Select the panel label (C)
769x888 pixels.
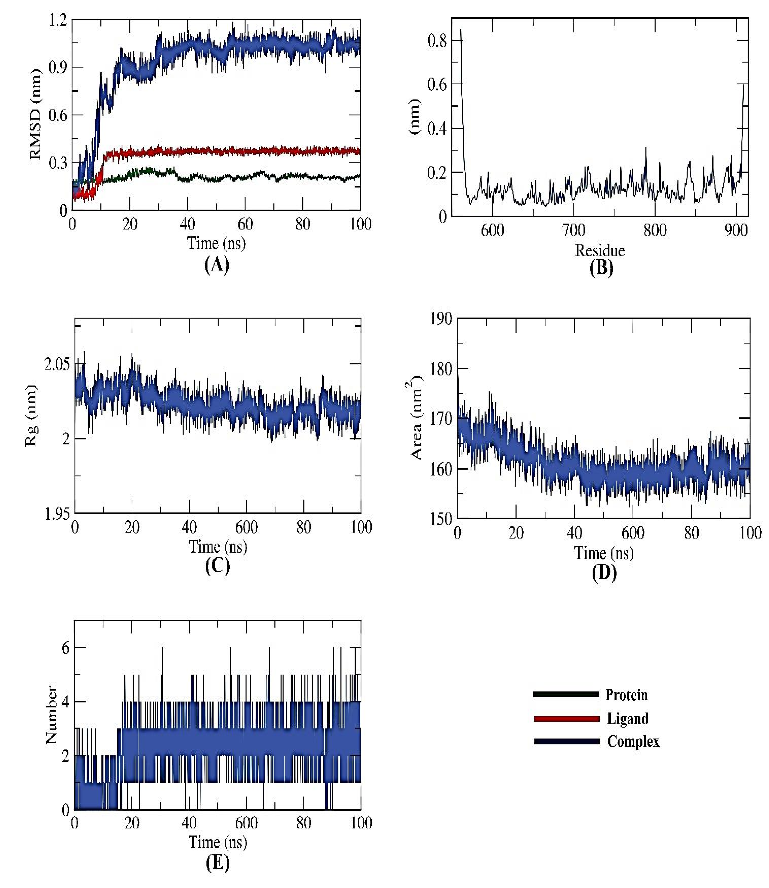point(218,566)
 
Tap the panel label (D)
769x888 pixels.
point(604,572)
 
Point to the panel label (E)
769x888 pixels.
point(218,863)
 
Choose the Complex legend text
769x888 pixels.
point(633,741)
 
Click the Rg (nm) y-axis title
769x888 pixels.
point(31,415)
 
